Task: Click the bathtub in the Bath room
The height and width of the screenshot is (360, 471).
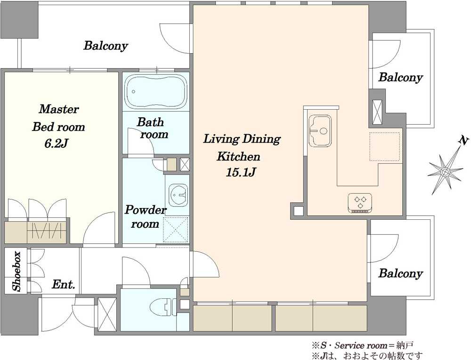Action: [155, 91]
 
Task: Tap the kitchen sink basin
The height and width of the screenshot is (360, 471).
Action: [320, 131]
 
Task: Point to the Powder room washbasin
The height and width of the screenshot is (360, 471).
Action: [179, 195]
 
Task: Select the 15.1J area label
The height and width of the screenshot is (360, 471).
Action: [241, 172]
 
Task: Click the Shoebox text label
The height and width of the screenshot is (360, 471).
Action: [16, 272]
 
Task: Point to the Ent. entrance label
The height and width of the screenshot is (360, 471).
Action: [64, 284]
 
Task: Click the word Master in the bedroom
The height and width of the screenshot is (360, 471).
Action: [59, 109]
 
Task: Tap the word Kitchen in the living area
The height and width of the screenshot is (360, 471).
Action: [238, 156]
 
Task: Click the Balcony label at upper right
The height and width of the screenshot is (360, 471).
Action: [400, 77]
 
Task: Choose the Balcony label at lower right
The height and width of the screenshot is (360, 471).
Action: [400, 273]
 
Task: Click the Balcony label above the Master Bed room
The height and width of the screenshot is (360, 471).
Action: [106, 46]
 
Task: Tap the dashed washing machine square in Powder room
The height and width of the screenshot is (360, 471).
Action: [176, 230]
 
